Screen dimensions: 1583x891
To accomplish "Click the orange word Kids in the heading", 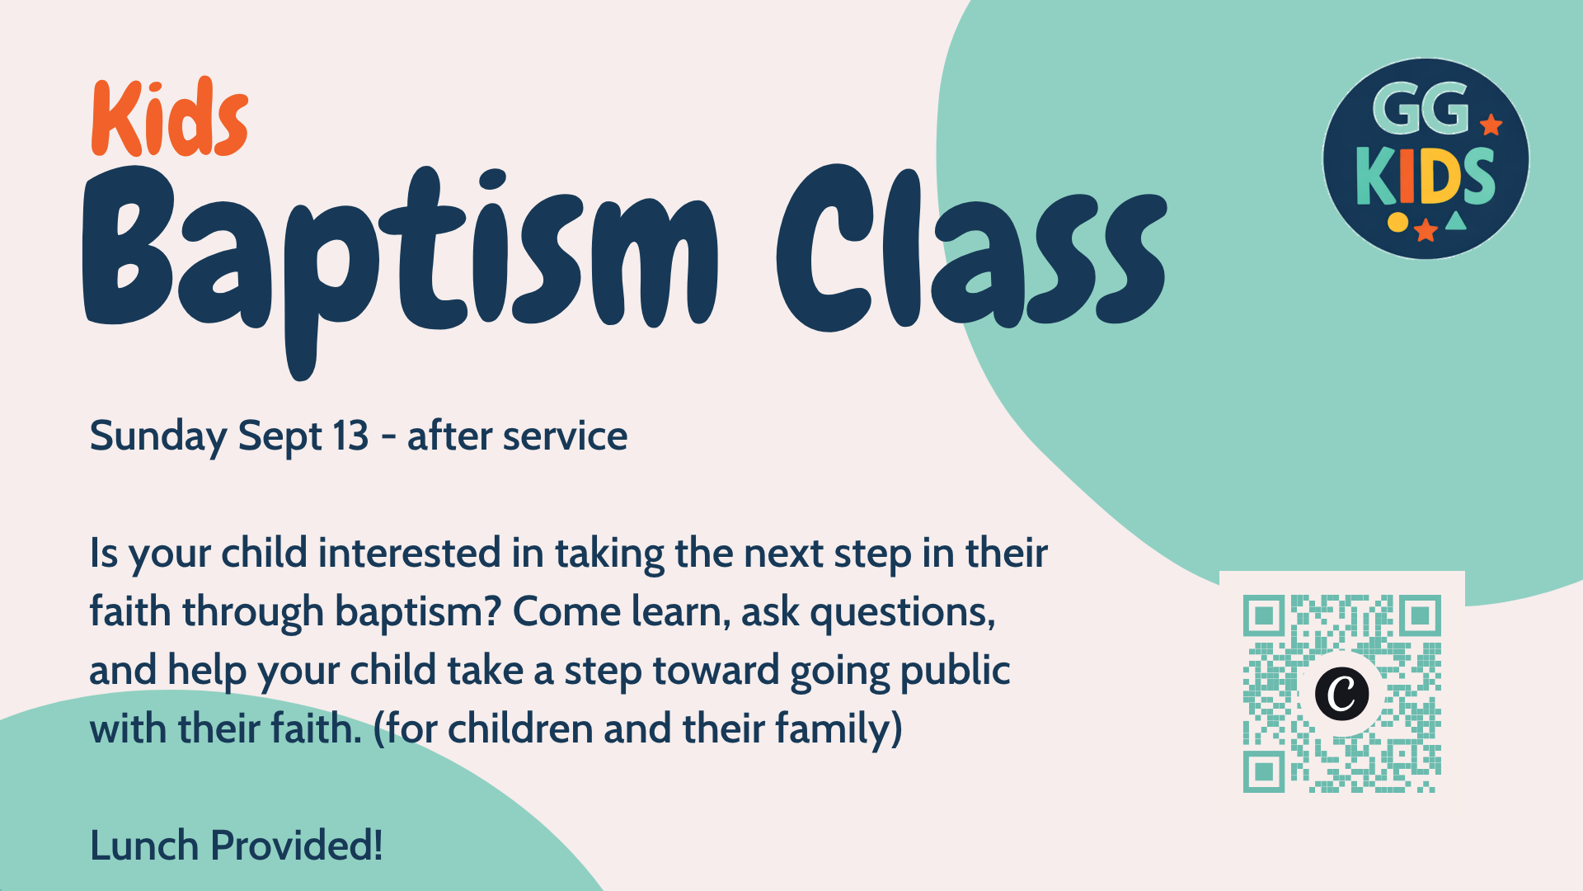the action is [170, 117].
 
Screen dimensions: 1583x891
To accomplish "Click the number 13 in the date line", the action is [350, 436].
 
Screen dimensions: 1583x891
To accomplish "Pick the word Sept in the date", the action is [279, 437].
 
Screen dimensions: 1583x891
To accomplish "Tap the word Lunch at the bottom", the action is [144, 846].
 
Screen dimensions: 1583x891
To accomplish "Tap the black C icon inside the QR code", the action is [1342, 693].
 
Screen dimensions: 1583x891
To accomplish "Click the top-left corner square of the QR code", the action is [1263, 615].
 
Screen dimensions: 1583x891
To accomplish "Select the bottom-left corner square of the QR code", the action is [1263, 772].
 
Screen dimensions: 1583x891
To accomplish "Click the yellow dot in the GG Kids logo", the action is [1397, 222].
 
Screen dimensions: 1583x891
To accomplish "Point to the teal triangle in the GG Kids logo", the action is [1456, 221].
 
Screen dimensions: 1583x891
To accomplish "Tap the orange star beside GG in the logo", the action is [1491, 125].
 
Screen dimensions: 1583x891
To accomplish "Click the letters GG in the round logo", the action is [1421, 108].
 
